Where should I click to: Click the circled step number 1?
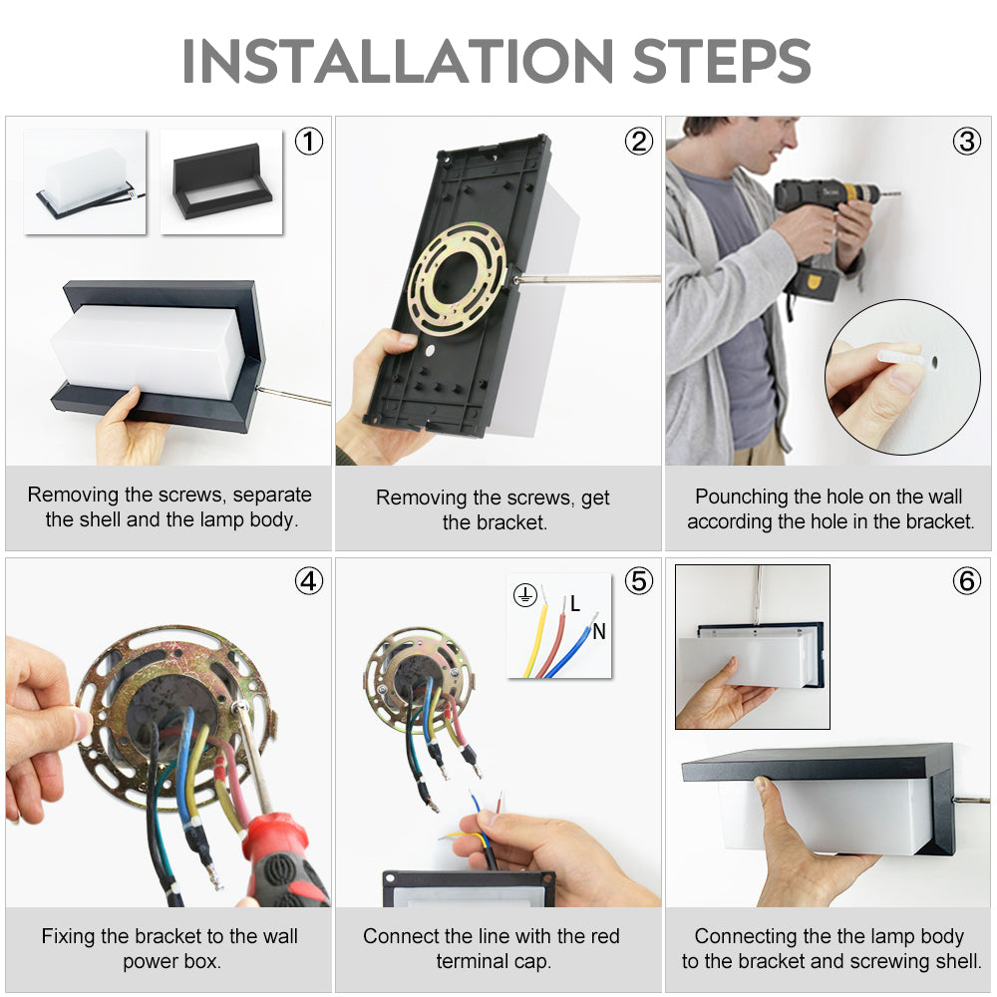click(x=309, y=142)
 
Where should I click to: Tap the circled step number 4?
click(x=309, y=581)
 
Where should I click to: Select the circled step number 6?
click(x=966, y=581)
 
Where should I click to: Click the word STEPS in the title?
click(x=722, y=61)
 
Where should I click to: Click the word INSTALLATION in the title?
click(x=398, y=61)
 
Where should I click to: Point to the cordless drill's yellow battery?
click(x=813, y=284)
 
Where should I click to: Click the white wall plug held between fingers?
click(x=900, y=356)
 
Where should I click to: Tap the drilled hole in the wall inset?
click(x=934, y=363)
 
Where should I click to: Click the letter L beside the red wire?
click(x=575, y=603)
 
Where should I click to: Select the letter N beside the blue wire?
click(x=599, y=631)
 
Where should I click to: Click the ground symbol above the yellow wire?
click(x=525, y=595)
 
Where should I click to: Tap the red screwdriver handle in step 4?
click(x=283, y=859)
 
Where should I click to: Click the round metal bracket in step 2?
click(x=457, y=277)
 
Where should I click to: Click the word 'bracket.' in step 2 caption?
click(x=495, y=522)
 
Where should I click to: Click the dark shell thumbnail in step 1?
click(x=222, y=181)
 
